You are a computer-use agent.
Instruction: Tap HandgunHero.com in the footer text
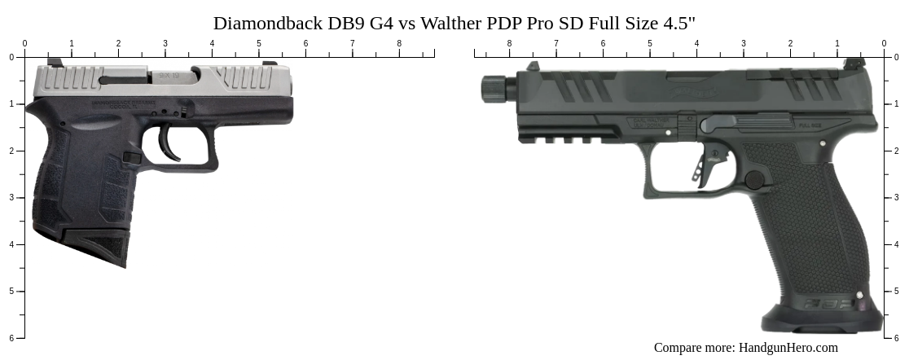(788, 348)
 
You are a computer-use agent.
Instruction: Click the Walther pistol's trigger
(701, 167)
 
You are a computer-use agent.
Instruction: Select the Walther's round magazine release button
(754, 180)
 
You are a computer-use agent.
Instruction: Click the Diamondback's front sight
(269, 63)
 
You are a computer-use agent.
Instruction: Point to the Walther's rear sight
(852, 64)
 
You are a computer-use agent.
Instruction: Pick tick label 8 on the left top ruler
(399, 44)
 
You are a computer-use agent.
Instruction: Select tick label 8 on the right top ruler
(510, 44)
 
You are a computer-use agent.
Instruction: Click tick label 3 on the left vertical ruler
(11, 198)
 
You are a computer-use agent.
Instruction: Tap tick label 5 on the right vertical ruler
(897, 292)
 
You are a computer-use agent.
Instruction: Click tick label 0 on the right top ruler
(884, 44)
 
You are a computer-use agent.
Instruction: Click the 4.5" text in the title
(681, 23)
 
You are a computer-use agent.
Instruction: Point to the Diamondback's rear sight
(55, 62)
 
